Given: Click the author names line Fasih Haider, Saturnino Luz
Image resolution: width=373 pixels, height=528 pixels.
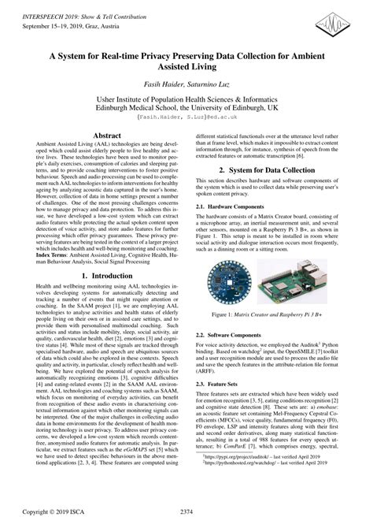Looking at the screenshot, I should tap(186, 83).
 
